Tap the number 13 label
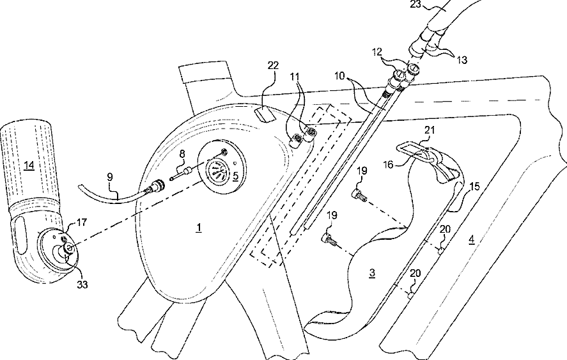pyautogui.click(x=461, y=60)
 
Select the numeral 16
pyautogui.click(x=388, y=165)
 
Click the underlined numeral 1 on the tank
pyautogui.click(x=199, y=227)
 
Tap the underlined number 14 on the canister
pyautogui.click(x=28, y=165)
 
